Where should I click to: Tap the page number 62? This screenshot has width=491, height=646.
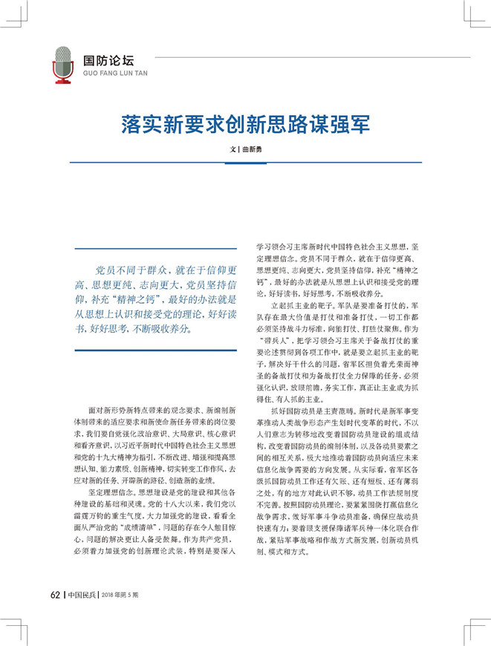(x=56, y=594)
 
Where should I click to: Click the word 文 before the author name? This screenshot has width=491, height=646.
(x=232, y=149)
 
